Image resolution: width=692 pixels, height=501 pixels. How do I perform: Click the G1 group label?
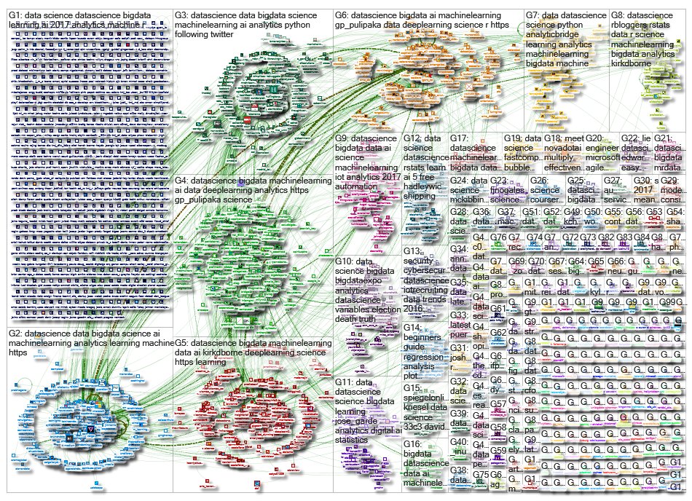point(15,14)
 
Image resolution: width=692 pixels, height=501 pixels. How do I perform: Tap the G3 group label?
point(183,14)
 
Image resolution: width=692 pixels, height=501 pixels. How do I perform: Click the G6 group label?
point(343,14)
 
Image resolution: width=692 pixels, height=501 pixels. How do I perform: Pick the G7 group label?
point(534,14)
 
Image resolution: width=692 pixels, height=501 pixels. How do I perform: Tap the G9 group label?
point(343,137)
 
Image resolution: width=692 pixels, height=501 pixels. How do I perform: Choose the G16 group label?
point(413,443)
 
